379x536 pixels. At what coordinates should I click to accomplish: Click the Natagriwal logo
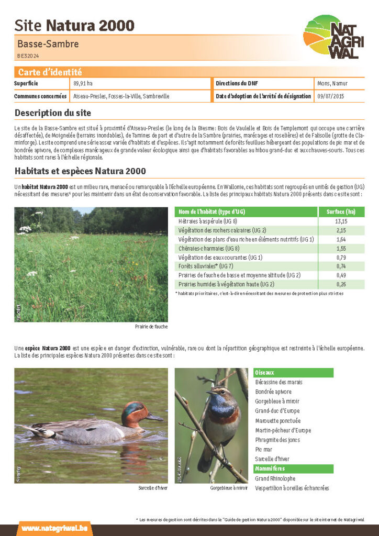pos(333,37)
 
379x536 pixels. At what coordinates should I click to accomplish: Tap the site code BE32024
pos(28,55)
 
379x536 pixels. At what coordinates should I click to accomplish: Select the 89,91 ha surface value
pos(83,84)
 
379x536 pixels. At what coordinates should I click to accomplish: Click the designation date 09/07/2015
pos(331,97)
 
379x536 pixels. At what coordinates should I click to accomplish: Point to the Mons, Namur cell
pos(332,84)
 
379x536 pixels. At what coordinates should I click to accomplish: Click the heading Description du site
pos(53,113)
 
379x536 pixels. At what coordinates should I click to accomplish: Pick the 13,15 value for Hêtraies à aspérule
pos(341,221)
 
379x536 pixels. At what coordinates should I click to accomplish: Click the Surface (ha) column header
pos(341,212)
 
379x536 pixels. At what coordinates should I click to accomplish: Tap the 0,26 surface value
pos(341,284)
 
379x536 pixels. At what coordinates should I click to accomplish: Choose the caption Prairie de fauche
pos(151,327)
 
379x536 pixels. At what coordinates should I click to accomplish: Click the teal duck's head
pos(133,411)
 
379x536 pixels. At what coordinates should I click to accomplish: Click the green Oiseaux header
pos(264,373)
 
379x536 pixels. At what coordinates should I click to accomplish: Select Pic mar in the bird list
pos(264,449)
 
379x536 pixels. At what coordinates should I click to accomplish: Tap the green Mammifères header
pos(270,468)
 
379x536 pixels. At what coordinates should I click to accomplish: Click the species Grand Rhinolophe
pos(275,478)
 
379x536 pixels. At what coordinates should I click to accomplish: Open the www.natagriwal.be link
pos(47,528)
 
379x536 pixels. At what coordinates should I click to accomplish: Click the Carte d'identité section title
pos(50,72)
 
